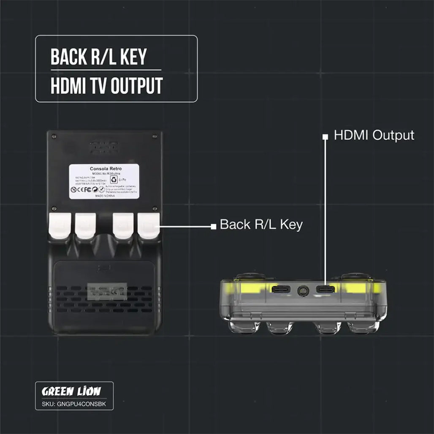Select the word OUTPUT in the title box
(136, 86)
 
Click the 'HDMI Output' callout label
(374, 136)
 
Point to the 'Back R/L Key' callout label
(261, 225)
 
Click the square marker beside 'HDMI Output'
(325, 137)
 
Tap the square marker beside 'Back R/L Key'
(213, 226)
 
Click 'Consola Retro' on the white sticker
(105, 168)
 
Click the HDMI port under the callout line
(325, 290)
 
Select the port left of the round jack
(280, 290)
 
